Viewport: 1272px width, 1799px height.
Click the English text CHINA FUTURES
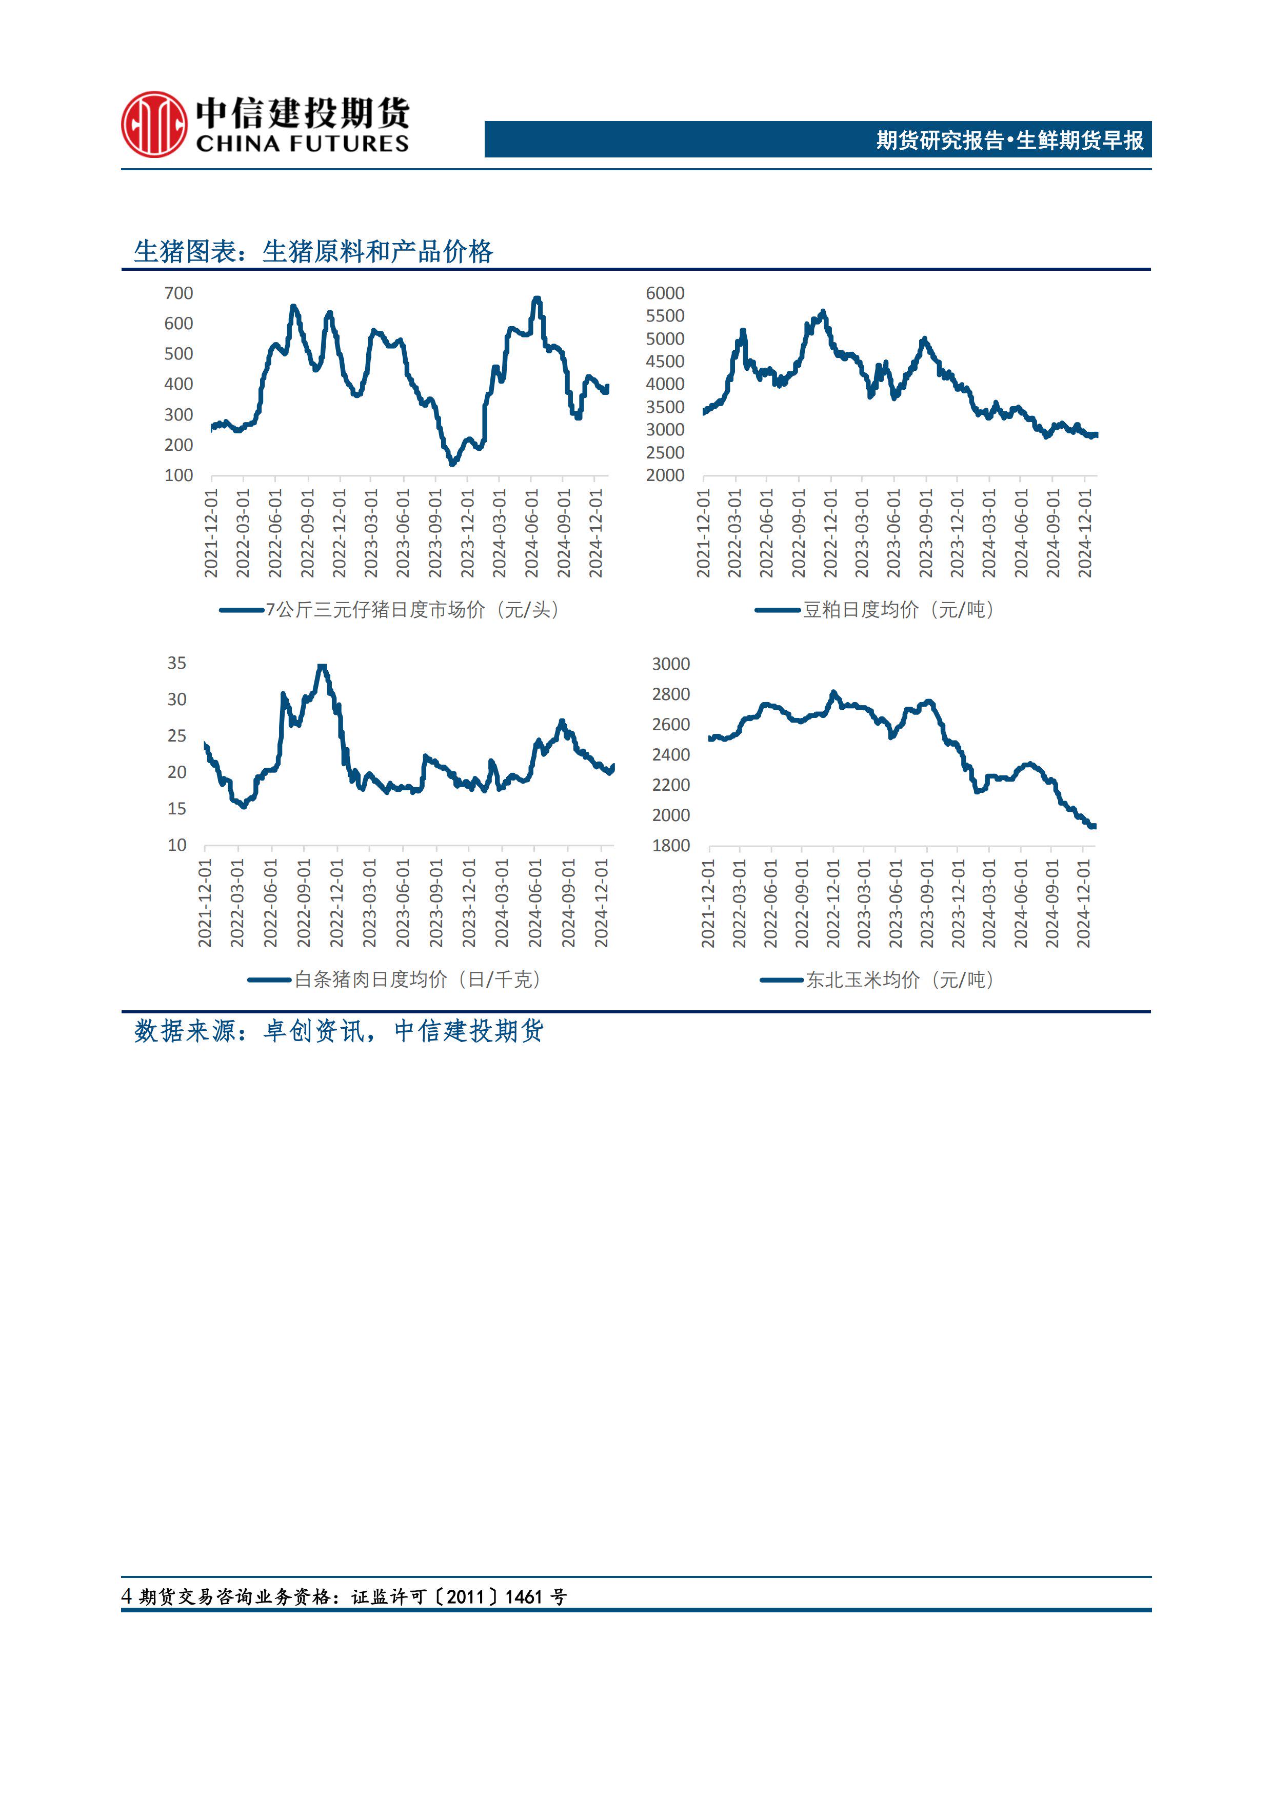click(x=302, y=144)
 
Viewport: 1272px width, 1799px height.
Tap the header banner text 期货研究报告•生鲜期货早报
click(x=1009, y=140)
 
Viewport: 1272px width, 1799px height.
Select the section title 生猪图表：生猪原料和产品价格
click(x=313, y=251)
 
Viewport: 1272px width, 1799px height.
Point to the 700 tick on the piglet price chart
click(x=178, y=293)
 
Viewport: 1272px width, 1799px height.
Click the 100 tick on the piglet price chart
click(x=178, y=475)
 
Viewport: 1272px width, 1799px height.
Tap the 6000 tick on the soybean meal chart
click(x=665, y=293)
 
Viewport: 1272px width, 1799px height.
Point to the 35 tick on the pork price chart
click(x=176, y=663)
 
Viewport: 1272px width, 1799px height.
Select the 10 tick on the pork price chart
click(x=176, y=846)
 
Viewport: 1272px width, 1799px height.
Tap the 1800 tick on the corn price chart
click(x=670, y=846)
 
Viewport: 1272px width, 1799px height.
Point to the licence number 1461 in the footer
click(x=524, y=1597)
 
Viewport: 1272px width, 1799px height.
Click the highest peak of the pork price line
click(x=321, y=666)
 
